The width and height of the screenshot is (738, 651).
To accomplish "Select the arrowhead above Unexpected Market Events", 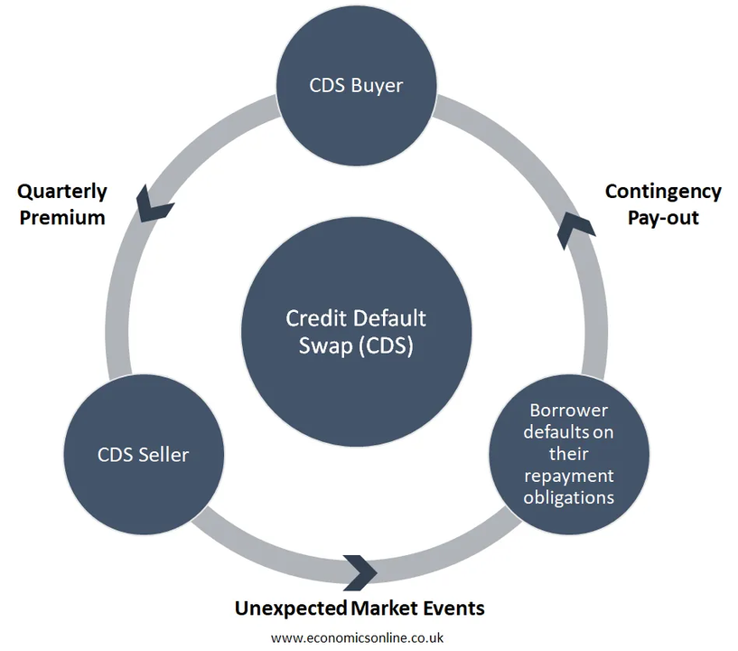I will click(360, 570).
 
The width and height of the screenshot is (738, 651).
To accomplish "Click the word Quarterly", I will click(62, 192).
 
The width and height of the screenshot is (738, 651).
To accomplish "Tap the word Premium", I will click(61, 217).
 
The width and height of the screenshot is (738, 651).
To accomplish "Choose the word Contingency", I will click(663, 192).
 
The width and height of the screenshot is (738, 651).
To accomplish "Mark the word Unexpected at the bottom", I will click(291, 608).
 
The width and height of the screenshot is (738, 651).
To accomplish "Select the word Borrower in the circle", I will click(569, 410).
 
